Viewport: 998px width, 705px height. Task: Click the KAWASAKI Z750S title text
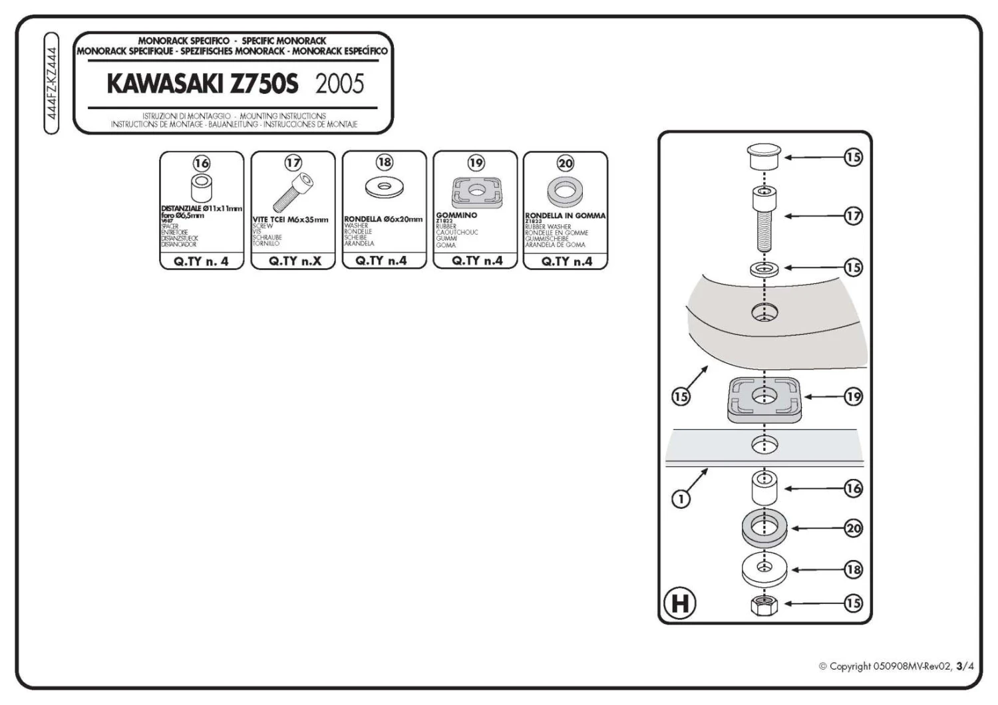point(202,84)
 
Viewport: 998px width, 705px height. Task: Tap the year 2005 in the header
point(339,84)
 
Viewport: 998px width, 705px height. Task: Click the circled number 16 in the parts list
point(201,163)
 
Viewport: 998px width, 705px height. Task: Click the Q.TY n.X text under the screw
point(294,261)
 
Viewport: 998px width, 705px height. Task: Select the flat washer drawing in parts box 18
point(384,186)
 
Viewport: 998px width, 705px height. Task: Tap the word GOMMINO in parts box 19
point(456,215)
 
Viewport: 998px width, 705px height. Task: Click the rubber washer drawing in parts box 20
point(565,192)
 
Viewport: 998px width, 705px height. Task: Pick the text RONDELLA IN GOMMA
point(565,215)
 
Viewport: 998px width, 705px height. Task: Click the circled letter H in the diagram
point(679,603)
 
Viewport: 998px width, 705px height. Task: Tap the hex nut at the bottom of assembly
point(764,605)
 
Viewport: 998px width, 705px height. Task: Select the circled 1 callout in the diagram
point(680,499)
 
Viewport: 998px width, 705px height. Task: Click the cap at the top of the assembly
point(764,158)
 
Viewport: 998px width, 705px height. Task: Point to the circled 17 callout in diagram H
point(853,215)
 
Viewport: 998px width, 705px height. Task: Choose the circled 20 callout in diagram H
point(853,529)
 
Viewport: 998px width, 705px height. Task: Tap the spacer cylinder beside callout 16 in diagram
point(764,489)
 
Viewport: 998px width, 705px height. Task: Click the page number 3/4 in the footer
point(965,666)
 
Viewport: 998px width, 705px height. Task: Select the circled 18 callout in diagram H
point(853,569)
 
